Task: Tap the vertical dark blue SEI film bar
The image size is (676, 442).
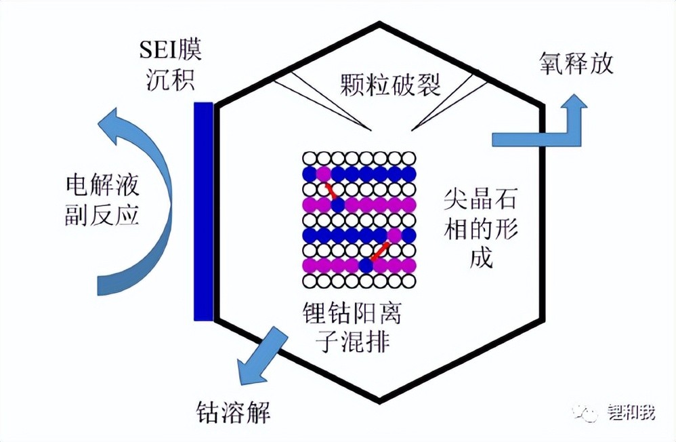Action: click(x=203, y=211)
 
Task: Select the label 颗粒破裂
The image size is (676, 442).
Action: click(x=390, y=85)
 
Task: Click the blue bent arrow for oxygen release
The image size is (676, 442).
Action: click(x=542, y=133)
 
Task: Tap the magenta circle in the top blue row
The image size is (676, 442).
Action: click(x=323, y=174)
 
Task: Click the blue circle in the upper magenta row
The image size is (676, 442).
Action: click(x=337, y=204)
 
